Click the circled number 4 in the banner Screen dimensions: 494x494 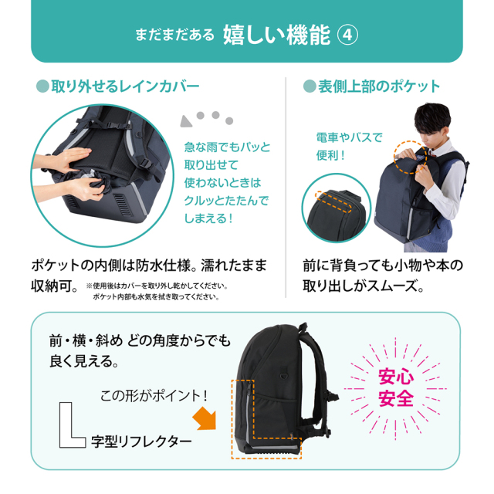[x=347, y=35]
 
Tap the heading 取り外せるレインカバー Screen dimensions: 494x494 [x=125, y=86]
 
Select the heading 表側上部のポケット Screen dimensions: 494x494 [x=379, y=86]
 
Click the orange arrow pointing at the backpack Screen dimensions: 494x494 [x=205, y=418]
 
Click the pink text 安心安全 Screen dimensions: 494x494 [x=396, y=387]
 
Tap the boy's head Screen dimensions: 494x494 [x=432, y=121]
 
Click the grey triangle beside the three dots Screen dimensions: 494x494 [x=186, y=121]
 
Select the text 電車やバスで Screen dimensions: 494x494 [x=349, y=137]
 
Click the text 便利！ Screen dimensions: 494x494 [x=331, y=155]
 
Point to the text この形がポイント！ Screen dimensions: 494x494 [x=154, y=396]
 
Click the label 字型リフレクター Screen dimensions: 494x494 [x=141, y=442]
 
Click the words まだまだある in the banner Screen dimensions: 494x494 [x=174, y=35]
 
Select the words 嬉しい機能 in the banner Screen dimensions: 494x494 [x=277, y=35]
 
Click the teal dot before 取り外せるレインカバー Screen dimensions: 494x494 [x=42, y=86]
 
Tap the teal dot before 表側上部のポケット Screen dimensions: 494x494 [x=310, y=86]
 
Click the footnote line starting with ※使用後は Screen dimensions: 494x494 [x=157, y=286]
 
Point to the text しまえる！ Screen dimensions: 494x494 [x=208, y=218]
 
